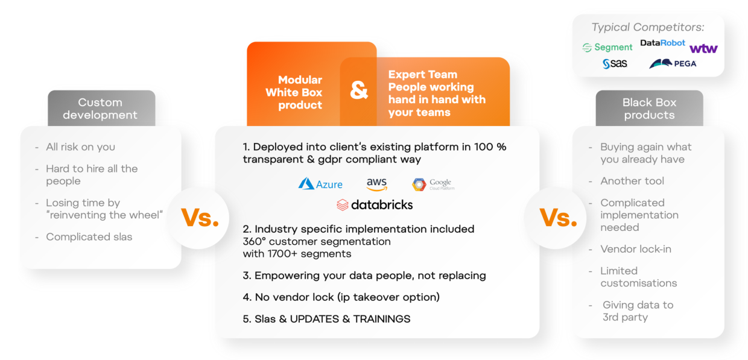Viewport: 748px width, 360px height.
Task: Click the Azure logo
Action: tap(320, 184)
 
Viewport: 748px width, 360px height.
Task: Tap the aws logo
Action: tap(376, 184)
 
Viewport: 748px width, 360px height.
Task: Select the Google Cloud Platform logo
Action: tap(433, 185)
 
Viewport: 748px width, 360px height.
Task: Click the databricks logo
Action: tap(375, 204)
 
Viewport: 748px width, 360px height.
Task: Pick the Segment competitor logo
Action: tap(607, 48)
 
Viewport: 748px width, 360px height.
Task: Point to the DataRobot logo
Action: tap(662, 43)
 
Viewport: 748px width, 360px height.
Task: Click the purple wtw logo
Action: tap(703, 49)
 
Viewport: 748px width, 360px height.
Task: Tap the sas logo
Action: tap(615, 63)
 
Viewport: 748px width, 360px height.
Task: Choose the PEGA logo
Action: tap(673, 63)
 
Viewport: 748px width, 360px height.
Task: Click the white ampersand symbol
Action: tap(359, 90)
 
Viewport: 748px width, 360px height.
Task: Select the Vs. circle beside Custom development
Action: tap(199, 218)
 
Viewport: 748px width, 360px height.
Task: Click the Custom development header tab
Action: tap(101, 109)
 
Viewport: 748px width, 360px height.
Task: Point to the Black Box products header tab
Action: tap(649, 109)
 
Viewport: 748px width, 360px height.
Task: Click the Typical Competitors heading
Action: tap(648, 27)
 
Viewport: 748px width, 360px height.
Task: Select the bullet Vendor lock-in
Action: tap(635, 249)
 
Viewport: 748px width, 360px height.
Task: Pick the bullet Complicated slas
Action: tap(89, 237)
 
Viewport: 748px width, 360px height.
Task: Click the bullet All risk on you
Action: tap(80, 147)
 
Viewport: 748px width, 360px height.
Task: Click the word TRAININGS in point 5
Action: tap(382, 319)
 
